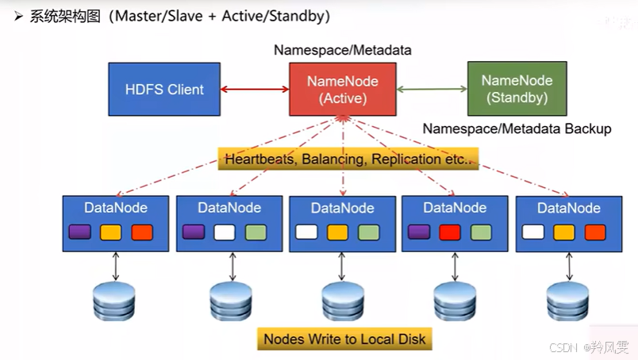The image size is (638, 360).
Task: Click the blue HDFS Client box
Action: [164, 89]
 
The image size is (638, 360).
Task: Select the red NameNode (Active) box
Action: [343, 89]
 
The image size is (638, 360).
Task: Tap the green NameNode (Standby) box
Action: [517, 89]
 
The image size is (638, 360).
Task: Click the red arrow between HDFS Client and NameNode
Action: [255, 89]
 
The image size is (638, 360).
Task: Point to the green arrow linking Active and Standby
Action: [432, 89]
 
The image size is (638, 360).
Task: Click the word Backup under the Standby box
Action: [588, 129]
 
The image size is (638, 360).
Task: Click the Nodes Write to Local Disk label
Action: [344, 339]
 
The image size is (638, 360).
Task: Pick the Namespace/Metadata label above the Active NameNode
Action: [343, 50]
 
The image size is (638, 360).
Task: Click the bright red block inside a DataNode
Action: [450, 232]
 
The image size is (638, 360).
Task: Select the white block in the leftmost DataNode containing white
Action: [225, 232]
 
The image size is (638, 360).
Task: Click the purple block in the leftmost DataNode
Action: [79, 232]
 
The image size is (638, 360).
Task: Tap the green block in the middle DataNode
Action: [369, 232]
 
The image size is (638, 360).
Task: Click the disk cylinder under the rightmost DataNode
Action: [567, 301]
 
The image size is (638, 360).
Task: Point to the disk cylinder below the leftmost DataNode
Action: [114, 301]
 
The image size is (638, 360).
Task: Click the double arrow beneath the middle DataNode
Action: [342, 266]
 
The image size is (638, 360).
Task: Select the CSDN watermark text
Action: [563, 347]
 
